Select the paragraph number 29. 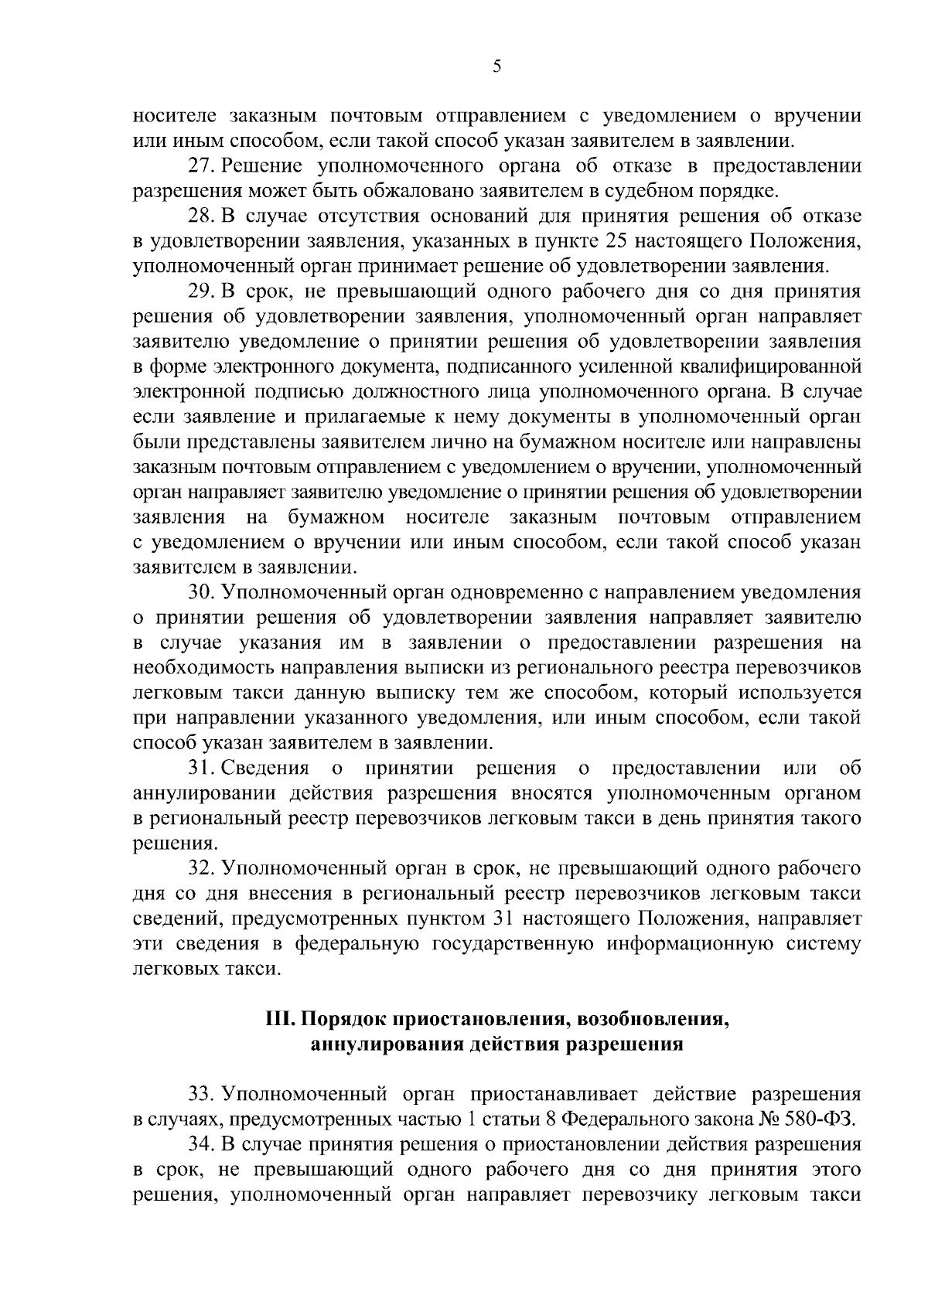pos(201,292)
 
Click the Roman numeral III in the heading pos(278,1020)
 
